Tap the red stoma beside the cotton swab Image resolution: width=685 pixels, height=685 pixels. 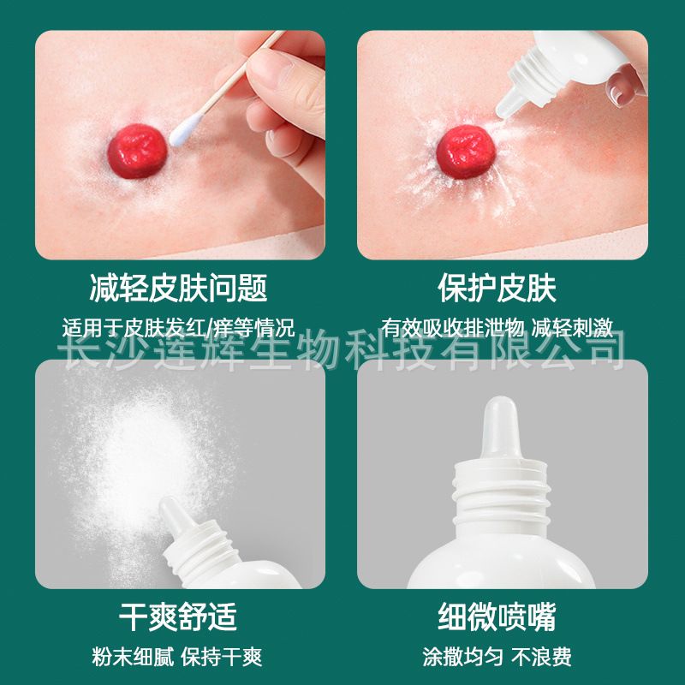pyautogui.click(x=137, y=152)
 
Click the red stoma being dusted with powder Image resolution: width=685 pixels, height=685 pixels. pyautogui.click(x=465, y=152)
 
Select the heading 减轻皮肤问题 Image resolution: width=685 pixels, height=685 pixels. pyautogui.click(x=178, y=288)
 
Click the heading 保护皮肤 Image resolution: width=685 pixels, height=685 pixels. pyautogui.click(x=497, y=288)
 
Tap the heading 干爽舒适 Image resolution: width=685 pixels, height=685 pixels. pyautogui.click(x=178, y=616)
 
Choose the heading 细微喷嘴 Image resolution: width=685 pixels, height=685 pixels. pyautogui.click(x=497, y=616)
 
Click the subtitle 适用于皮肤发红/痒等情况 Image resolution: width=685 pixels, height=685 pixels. pyautogui.click(x=178, y=328)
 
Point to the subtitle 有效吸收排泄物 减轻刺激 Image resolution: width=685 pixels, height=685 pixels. pyautogui.click(x=497, y=328)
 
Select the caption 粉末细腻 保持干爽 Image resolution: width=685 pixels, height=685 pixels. pyautogui.click(x=177, y=657)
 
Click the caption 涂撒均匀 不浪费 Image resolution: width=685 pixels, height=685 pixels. pyautogui.click(x=497, y=657)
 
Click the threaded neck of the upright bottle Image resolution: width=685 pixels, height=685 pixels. pyautogui.click(x=501, y=493)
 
